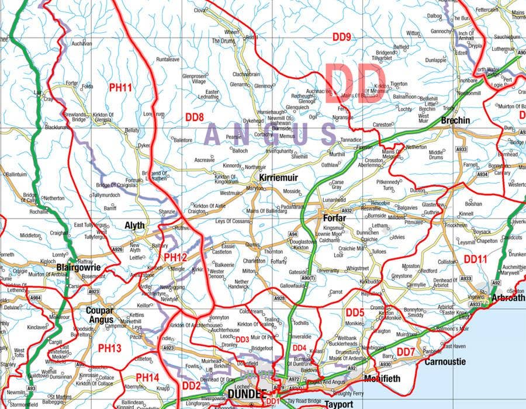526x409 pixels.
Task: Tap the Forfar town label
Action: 334,218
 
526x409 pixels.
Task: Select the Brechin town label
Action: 455,120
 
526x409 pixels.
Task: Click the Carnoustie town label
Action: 445,362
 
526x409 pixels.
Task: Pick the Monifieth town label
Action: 382,379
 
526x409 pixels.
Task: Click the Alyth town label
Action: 134,225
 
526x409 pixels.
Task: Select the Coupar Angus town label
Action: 99,315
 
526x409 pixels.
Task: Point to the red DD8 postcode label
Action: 194,117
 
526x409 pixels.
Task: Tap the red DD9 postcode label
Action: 341,37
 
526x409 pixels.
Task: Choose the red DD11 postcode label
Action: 475,258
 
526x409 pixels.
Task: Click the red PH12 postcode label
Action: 175,257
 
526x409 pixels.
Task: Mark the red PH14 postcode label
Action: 147,378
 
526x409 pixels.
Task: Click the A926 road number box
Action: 118,249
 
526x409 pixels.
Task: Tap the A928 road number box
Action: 279,298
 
